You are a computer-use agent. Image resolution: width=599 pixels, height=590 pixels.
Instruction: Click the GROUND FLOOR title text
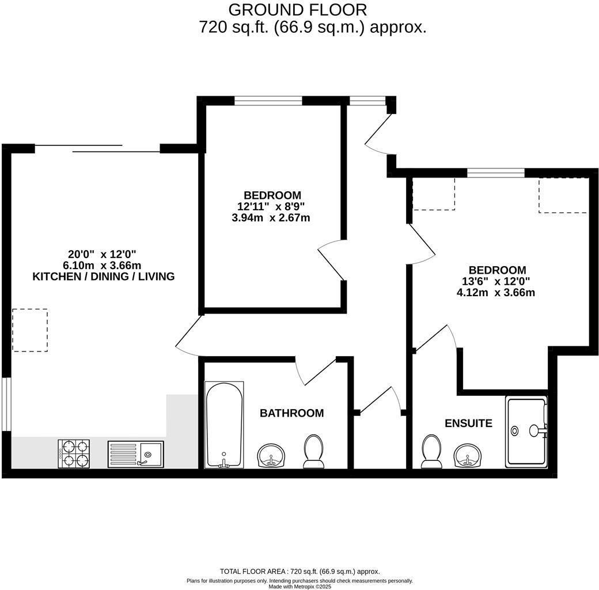tap(297, 10)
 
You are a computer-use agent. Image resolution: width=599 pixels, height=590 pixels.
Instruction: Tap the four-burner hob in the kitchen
tap(74, 453)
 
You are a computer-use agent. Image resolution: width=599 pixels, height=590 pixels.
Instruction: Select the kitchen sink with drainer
tap(136, 454)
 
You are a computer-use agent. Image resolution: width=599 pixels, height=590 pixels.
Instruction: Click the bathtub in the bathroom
tap(224, 424)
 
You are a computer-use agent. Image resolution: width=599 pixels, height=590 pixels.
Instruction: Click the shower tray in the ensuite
tap(526, 431)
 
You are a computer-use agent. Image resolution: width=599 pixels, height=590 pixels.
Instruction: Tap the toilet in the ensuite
tap(431, 451)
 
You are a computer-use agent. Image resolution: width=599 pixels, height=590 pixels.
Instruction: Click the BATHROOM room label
tap(291, 413)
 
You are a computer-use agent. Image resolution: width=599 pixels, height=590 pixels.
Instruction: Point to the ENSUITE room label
tap(468, 423)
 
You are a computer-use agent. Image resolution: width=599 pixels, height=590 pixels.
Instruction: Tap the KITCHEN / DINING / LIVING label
tap(103, 277)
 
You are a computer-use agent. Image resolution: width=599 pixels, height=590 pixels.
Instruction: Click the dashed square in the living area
tap(30, 330)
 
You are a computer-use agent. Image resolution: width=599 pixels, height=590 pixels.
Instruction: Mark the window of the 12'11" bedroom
tap(268, 101)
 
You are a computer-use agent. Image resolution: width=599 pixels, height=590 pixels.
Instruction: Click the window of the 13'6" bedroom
tap(495, 172)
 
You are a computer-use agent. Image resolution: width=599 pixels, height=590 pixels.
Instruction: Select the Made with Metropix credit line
tap(299, 586)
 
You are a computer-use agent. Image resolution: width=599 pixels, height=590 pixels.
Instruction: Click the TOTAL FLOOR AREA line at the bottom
tap(299, 571)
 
